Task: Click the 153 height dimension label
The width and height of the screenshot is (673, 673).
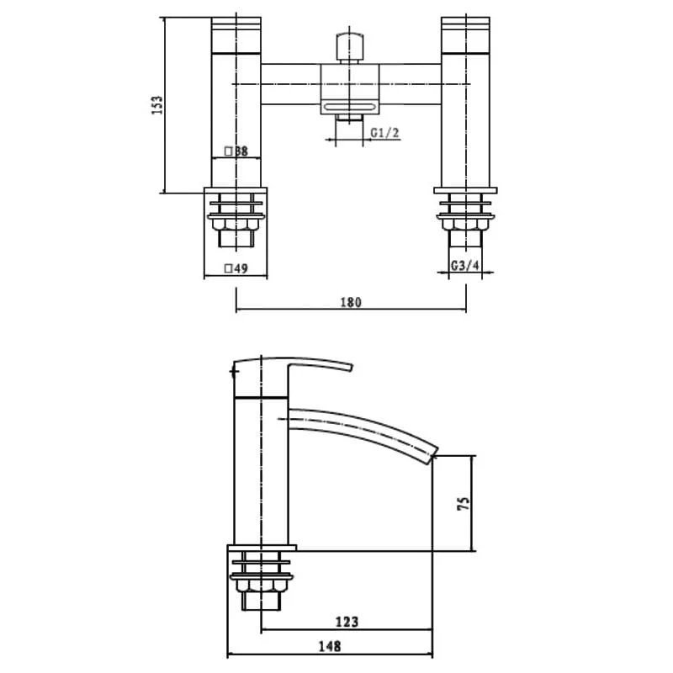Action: point(158,104)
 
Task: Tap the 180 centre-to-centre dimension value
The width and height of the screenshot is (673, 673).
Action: point(351,302)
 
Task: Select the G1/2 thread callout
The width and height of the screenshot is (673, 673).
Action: point(385,133)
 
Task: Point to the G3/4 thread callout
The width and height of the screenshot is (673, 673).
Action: point(465,266)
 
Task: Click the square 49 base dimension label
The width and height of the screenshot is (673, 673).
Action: point(236,268)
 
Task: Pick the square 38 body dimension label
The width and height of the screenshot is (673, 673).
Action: point(236,151)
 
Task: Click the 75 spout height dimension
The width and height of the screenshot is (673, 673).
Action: point(464,503)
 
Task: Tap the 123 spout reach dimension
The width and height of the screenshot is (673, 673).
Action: point(347,622)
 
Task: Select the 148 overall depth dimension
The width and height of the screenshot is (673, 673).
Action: point(330,645)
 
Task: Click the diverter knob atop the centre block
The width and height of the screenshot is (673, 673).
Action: point(350,46)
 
